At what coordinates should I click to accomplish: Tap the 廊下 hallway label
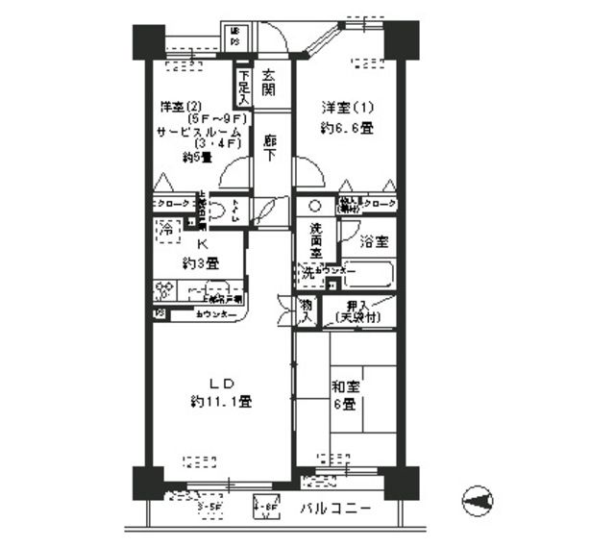click(272, 146)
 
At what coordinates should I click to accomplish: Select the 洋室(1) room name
click(342, 107)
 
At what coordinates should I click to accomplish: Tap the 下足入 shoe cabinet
click(244, 87)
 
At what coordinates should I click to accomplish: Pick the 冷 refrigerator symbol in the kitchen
click(166, 231)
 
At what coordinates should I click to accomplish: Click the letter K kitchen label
click(203, 245)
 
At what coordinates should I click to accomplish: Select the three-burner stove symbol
click(165, 290)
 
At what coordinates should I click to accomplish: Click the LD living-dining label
click(218, 385)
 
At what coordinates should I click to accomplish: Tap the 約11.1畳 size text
click(220, 402)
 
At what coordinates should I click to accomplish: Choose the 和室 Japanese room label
click(346, 387)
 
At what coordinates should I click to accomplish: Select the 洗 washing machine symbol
click(307, 274)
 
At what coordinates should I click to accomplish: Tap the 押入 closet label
click(359, 304)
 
